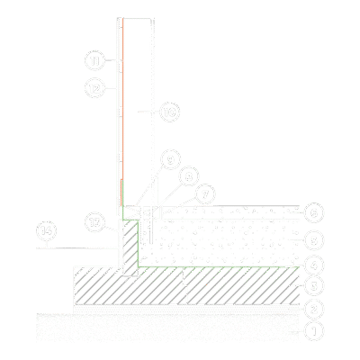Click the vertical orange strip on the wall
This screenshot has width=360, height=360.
121,108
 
